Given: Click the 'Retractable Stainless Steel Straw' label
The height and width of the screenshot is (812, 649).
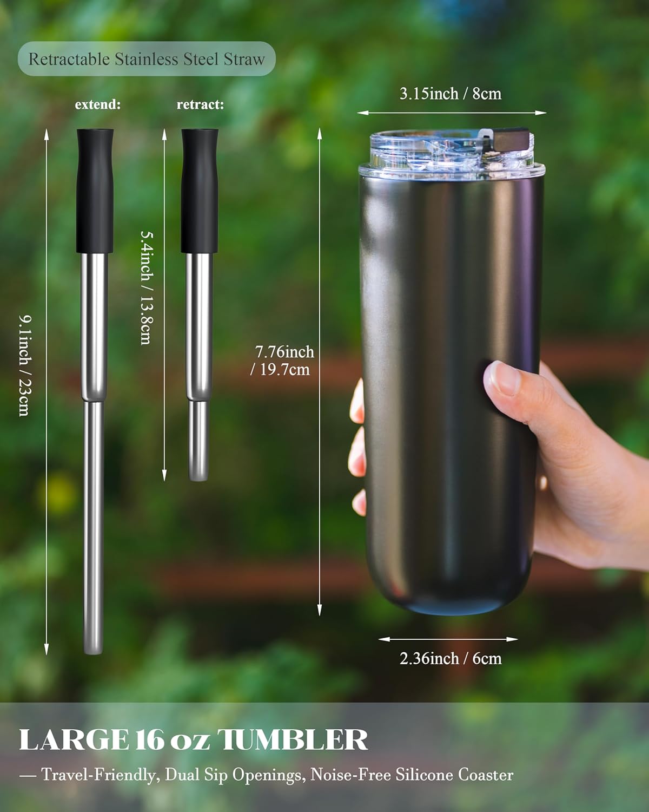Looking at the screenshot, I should (147, 59).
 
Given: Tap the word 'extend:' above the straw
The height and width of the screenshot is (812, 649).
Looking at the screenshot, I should (98, 104).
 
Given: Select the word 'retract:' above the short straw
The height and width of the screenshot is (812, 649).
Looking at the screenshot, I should (200, 104).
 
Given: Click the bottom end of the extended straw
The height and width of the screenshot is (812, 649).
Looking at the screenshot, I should (93, 647).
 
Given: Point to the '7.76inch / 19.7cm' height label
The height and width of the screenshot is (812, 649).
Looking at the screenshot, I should (283, 361).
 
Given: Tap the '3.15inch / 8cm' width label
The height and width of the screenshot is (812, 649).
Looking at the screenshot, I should (451, 94).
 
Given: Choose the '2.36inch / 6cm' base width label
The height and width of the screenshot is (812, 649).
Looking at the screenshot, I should (451, 658).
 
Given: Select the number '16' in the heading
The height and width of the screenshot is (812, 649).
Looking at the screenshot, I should (149, 740).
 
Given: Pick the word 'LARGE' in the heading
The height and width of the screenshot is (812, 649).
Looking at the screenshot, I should (74, 740).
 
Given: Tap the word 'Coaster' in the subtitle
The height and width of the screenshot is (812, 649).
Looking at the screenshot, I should (486, 775).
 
